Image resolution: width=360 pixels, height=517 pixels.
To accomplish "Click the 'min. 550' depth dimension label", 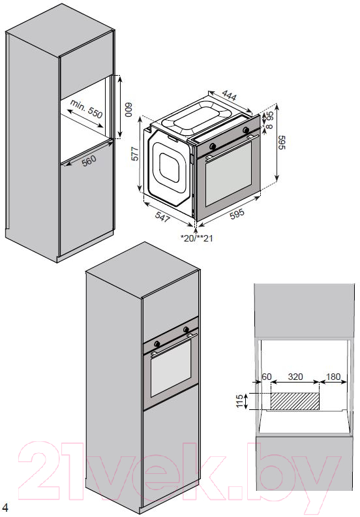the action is [86, 109].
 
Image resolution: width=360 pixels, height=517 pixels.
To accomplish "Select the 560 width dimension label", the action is [89, 161].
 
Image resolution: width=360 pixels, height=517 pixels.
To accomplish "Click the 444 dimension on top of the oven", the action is [229, 95].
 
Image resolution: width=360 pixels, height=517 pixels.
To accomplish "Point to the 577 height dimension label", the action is [135, 153].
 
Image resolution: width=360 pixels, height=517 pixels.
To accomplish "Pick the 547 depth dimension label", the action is [162, 217].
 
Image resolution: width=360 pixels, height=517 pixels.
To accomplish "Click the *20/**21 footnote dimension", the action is [197, 238].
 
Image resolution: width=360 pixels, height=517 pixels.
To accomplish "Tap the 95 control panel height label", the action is [270, 116].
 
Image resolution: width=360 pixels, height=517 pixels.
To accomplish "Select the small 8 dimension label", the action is [269, 126].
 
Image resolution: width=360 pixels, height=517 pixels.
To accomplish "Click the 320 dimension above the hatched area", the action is [295, 377].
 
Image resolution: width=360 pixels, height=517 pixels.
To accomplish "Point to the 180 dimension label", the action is [333, 377].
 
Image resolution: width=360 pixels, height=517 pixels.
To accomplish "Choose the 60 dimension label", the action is [267, 377].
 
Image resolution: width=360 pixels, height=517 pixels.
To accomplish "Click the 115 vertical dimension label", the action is [240, 401].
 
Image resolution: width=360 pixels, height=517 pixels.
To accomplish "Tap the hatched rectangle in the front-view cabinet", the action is [295, 401].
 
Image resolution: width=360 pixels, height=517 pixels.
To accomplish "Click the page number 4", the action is [5, 507].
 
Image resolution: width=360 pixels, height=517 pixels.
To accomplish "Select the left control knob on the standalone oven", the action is [213, 146].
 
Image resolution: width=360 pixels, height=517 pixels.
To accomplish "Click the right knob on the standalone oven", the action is [246, 130].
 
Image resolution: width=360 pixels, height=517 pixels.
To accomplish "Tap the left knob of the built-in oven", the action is [157, 344].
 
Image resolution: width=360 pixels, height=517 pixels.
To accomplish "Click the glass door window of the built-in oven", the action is [171, 368].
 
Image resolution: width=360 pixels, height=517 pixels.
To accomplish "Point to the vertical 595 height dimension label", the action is [282, 142].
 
